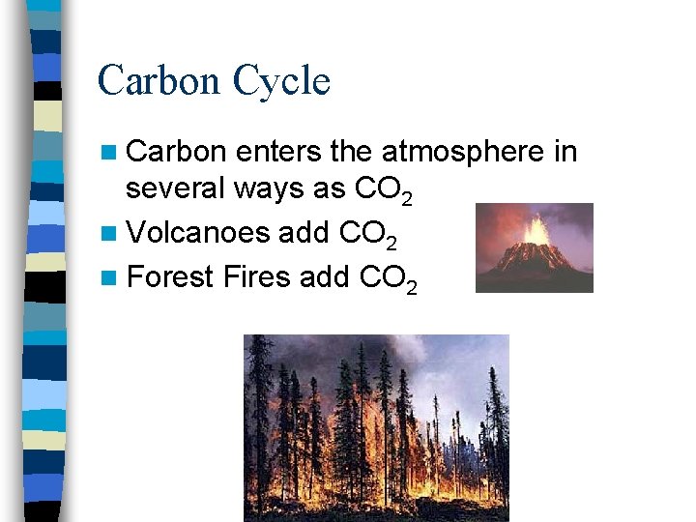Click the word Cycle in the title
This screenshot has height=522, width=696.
[287, 81]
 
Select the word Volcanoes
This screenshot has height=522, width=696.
[198, 233]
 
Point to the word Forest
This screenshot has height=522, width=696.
[169, 276]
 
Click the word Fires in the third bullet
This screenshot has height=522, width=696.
[256, 276]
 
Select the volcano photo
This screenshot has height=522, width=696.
[535, 247]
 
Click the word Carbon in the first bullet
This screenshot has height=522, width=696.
[177, 153]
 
